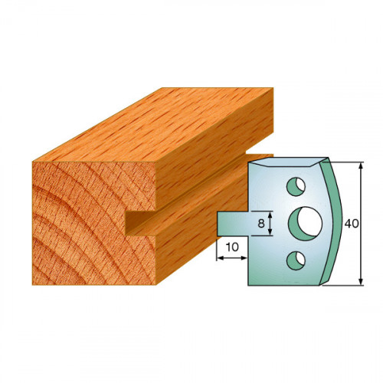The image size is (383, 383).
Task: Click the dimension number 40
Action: point(352,224)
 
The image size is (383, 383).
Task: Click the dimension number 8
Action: point(261,224)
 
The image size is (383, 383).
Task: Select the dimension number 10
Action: point(232,247)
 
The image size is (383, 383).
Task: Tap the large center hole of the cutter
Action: point(306,224)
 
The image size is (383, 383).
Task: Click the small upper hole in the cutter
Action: point(296,187)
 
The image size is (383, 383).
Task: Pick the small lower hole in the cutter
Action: point(296,260)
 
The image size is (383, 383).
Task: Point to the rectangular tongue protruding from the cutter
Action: point(233,224)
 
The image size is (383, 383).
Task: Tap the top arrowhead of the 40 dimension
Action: point(361,166)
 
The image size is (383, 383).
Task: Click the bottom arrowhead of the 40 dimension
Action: point(361,281)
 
